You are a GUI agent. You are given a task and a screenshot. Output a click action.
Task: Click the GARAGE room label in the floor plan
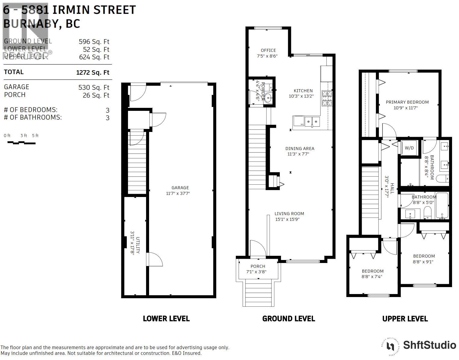pos(180,188)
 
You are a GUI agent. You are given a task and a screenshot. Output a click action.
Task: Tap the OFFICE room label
pos(268,50)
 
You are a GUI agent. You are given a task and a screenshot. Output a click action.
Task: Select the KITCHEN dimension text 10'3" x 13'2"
pos(301,96)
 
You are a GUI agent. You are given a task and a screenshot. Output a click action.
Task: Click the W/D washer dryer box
pos(409,148)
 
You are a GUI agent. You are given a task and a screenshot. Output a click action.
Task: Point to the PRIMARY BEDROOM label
pos(407,102)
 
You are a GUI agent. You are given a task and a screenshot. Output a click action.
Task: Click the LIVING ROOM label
pos(289,214)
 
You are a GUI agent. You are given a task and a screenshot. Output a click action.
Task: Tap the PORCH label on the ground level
pos(258,266)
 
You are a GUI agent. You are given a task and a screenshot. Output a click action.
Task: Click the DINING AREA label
pos(300,149)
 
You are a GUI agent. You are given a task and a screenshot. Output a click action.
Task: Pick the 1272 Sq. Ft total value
pos(92,73)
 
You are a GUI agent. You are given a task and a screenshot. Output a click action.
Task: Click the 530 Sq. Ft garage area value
pos(94,88)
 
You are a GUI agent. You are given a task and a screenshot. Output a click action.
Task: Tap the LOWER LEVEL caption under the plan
pos(166,319)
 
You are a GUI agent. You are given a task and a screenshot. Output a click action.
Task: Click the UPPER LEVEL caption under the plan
pos(405,319)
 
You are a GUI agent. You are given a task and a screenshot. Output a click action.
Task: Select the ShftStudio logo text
pos(429,345)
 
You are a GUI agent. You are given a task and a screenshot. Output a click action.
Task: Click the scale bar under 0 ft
pos(21,142)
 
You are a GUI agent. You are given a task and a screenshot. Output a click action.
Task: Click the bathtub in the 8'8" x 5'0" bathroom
pos(442,206)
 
